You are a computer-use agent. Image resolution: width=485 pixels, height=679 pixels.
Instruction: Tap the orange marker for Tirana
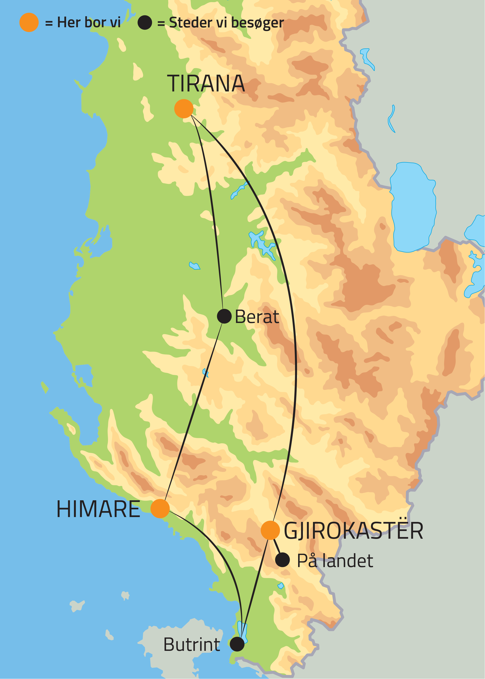coord(184,109)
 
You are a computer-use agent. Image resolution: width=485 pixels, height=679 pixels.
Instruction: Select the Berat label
coord(257,317)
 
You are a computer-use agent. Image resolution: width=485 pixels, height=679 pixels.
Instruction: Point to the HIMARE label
coord(98,509)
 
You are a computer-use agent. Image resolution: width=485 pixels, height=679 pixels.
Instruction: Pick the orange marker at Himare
coord(160,508)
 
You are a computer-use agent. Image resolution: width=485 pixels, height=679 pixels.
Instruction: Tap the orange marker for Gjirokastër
coord(270,530)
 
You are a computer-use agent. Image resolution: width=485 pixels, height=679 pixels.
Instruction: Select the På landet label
coord(335,561)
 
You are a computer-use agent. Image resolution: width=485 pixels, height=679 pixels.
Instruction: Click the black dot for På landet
coord(283,560)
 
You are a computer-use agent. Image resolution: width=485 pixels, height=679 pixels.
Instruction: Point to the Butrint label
coord(192,644)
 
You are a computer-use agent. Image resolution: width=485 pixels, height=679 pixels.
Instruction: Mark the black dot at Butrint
coord(237,644)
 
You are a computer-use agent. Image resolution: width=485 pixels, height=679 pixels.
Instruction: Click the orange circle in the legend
coord(29,22)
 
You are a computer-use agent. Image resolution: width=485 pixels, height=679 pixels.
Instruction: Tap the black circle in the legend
coord(145,22)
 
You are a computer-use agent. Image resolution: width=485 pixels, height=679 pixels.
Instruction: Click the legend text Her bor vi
coord(89,22)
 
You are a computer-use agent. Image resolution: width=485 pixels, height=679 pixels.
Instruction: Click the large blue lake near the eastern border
coord(413,206)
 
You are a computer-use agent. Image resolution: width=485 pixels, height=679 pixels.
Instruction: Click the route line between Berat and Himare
coord(194,412)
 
